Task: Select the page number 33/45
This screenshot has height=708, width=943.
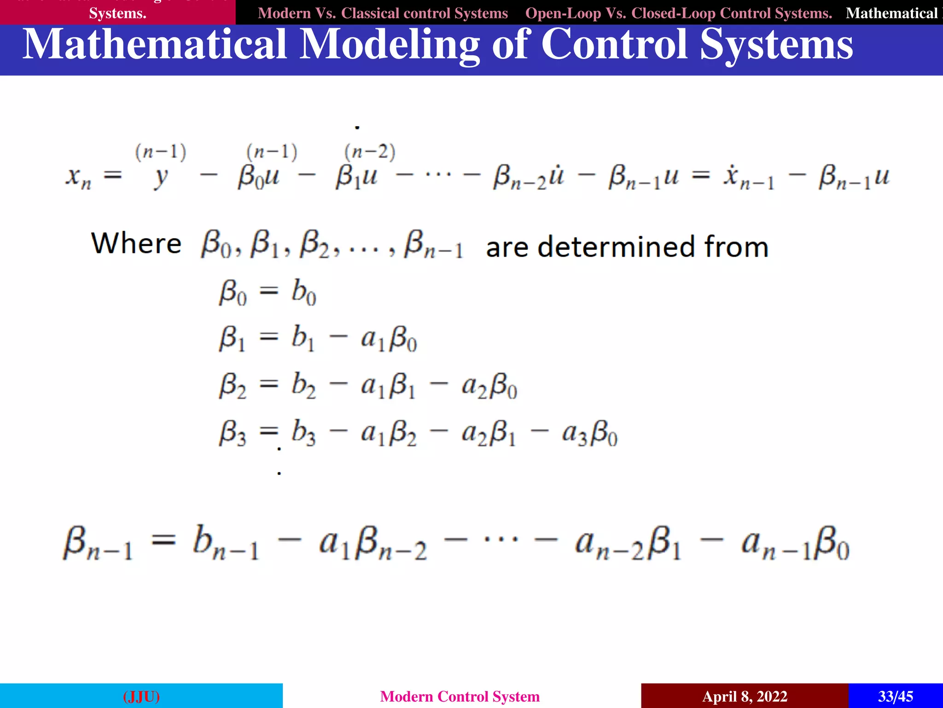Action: click(x=895, y=696)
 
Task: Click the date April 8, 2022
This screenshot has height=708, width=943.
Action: click(x=745, y=696)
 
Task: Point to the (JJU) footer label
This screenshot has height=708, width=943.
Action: click(x=141, y=696)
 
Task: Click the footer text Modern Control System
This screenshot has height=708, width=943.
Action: click(x=460, y=696)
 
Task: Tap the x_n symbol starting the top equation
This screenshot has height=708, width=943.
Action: click(x=78, y=177)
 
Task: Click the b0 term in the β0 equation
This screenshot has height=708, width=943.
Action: click(x=304, y=293)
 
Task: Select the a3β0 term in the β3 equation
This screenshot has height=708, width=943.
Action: click(x=589, y=434)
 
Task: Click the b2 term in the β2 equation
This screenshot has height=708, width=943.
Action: click(x=304, y=385)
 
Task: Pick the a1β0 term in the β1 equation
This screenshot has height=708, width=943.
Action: click(x=389, y=339)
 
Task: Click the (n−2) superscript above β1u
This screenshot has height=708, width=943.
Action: click(x=370, y=152)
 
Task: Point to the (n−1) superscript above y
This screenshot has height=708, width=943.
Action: click(x=161, y=152)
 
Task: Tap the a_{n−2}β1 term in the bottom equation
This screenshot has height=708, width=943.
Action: click(x=628, y=544)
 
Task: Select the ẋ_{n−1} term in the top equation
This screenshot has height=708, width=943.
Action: click(x=749, y=178)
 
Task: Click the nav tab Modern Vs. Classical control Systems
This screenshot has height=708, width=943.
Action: click(x=383, y=13)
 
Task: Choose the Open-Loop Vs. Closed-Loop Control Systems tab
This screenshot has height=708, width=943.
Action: click(x=679, y=13)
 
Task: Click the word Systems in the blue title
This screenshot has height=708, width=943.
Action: click(x=776, y=45)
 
